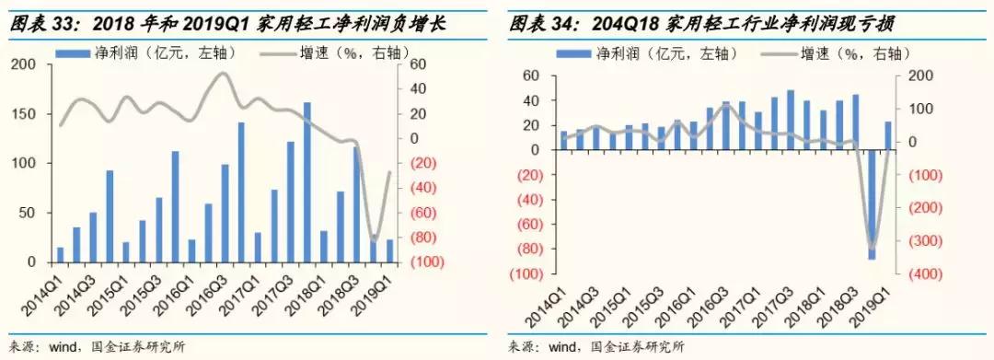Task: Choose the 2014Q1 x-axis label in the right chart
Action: [x=552, y=305]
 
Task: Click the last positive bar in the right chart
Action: [x=888, y=135]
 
